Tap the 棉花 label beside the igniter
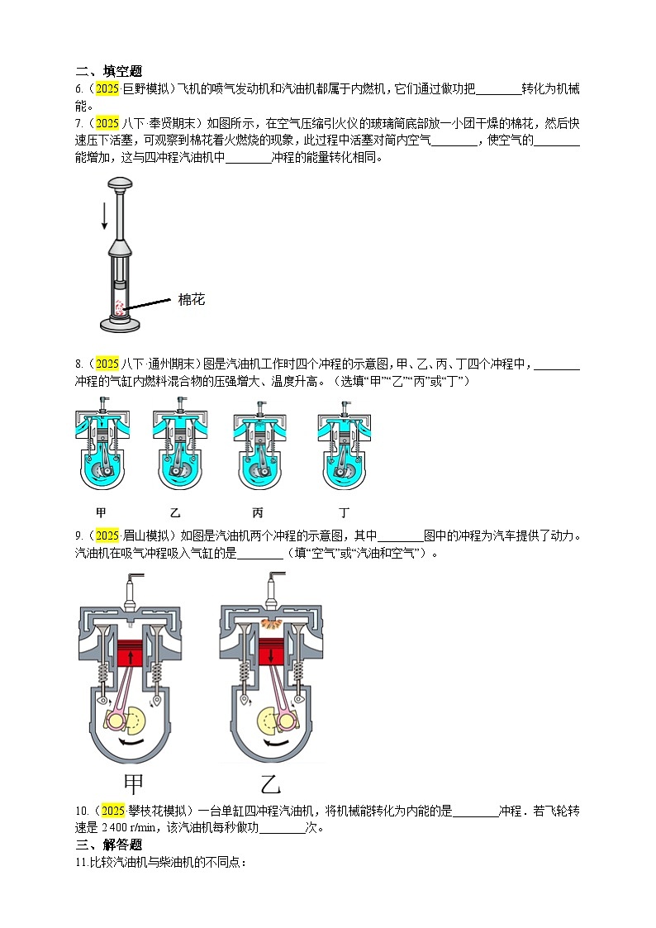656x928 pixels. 191,299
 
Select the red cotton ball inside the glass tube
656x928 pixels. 121,307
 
